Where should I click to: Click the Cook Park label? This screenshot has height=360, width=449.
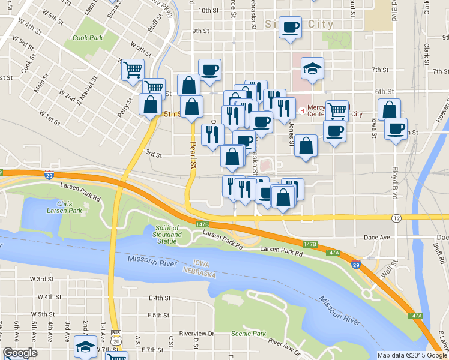[x=88, y=37]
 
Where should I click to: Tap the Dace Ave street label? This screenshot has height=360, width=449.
[x=378, y=238]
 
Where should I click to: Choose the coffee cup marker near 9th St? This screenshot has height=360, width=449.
[x=291, y=28]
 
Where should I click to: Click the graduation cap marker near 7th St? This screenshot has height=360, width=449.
[x=312, y=69]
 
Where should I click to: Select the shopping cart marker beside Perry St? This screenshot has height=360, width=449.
[x=133, y=70]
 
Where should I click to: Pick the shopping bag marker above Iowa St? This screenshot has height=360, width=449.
[x=389, y=109]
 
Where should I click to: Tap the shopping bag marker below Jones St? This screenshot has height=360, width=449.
[x=306, y=146]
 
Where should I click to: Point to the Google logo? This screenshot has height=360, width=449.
[x=20, y=353]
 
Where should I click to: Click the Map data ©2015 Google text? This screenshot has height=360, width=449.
[x=411, y=355]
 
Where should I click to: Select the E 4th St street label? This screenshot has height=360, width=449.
[x=158, y=298]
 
